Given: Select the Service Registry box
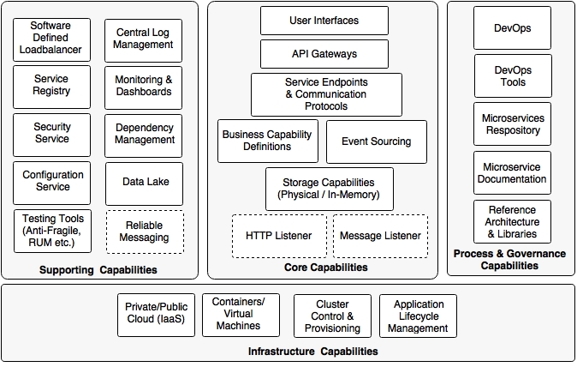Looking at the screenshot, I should [x=51, y=86].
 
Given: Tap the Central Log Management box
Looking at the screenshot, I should [x=144, y=39].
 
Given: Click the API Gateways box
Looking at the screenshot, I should [x=312, y=53].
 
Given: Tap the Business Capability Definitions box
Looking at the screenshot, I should [x=268, y=141].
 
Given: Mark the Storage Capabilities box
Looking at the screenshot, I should [x=330, y=189].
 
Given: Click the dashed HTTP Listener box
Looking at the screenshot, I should [x=278, y=236].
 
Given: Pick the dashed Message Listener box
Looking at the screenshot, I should [x=380, y=236].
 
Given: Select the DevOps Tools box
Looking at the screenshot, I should [x=512, y=76].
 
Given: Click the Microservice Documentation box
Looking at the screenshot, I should [x=512, y=173].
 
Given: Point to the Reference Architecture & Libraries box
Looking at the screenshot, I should [x=512, y=221].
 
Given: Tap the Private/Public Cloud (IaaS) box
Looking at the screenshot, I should [x=155, y=315].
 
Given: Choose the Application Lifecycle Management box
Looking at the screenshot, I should [x=419, y=316].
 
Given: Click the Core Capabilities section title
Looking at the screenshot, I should [x=325, y=268].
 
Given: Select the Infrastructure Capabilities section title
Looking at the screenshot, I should [x=312, y=352].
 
